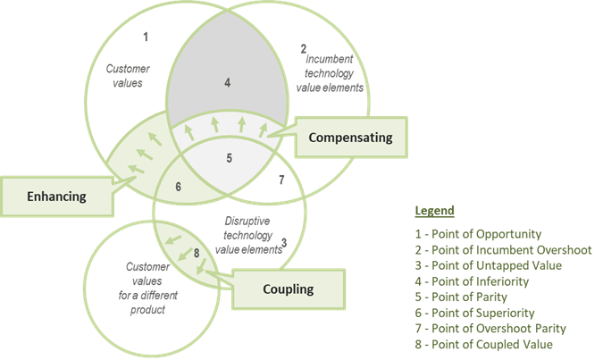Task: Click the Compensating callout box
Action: click(350, 138)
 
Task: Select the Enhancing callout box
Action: click(56, 196)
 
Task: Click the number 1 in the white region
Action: click(147, 38)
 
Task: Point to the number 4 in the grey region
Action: click(228, 83)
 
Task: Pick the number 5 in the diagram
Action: click(229, 158)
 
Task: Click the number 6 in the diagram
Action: click(178, 186)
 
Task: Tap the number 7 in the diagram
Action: click(281, 178)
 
